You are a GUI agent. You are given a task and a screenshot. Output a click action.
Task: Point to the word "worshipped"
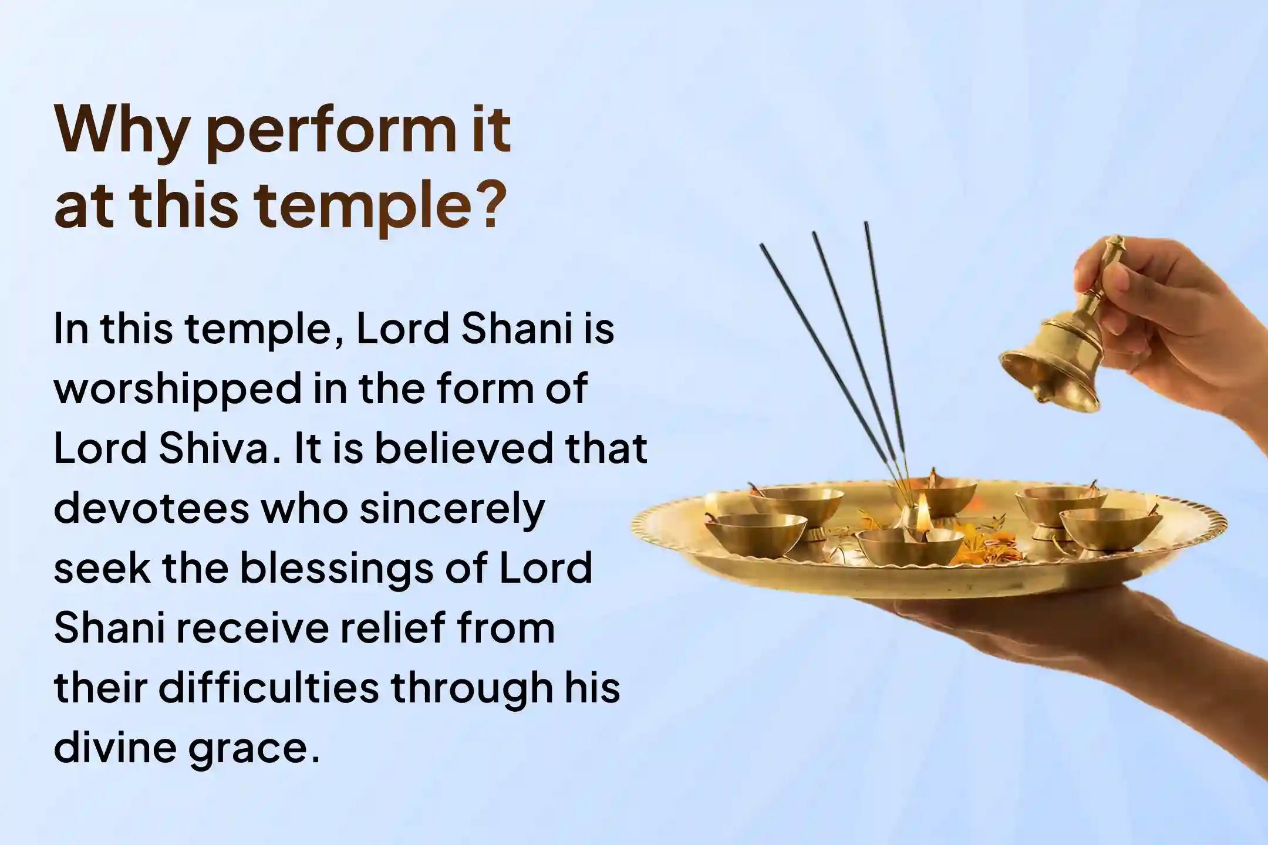tap(177, 390)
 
